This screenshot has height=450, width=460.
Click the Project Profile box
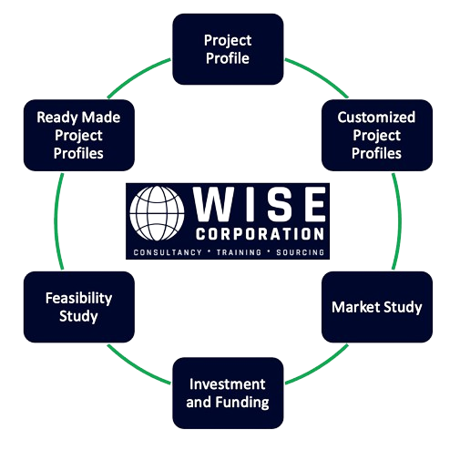tap(228, 49)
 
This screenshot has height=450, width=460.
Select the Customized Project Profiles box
tap(377, 135)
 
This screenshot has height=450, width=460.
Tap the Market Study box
tap(377, 307)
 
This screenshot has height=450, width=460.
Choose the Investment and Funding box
tap(228, 393)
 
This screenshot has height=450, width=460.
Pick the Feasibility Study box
tap(79, 307)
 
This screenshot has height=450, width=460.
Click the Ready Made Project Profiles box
tap(79, 135)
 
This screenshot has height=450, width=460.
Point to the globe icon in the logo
tap(157, 213)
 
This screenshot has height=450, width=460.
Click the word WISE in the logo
tap(260, 204)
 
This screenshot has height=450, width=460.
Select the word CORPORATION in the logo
tap(260, 234)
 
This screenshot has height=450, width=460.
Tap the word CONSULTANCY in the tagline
tap(168, 252)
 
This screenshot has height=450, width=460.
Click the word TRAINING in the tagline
tap(239, 252)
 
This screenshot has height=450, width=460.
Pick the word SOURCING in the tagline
tap(301, 252)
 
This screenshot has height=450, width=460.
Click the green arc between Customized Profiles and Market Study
tap(400, 221)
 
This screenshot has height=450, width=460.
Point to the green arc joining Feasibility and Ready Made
tap(56, 221)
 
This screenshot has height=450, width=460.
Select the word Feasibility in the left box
tap(79, 298)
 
